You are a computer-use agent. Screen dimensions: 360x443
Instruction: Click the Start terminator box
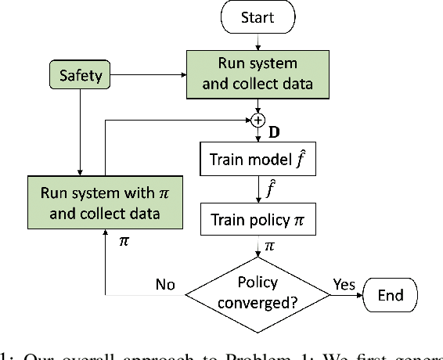258,17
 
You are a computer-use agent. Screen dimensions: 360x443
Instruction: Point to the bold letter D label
274,132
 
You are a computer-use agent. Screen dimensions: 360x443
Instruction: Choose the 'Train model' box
258,161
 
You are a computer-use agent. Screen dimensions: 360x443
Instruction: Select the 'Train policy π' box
258,221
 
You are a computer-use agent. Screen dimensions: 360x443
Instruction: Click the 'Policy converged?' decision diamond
258,293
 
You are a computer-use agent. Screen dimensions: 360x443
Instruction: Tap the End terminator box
391,294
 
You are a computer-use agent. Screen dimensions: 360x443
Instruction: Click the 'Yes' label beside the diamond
344,283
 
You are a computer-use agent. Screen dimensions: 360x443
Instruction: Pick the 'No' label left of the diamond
164,285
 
